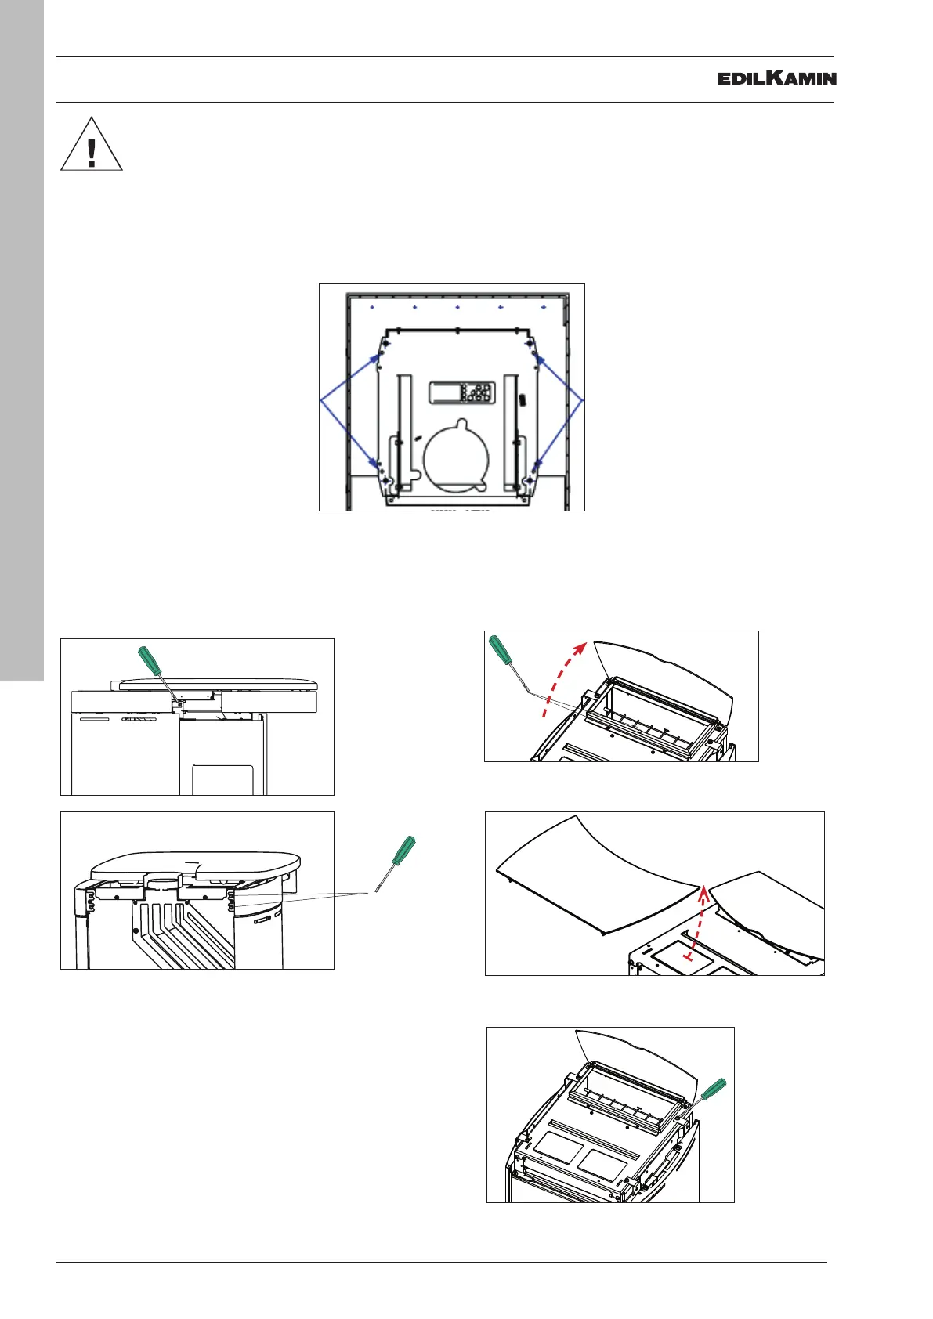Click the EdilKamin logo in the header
[776, 78]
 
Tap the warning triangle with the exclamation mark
[92, 146]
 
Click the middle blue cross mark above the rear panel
[457, 308]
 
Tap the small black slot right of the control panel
[521, 399]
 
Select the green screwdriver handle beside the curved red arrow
[499, 648]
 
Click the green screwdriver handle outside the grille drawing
[403, 851]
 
